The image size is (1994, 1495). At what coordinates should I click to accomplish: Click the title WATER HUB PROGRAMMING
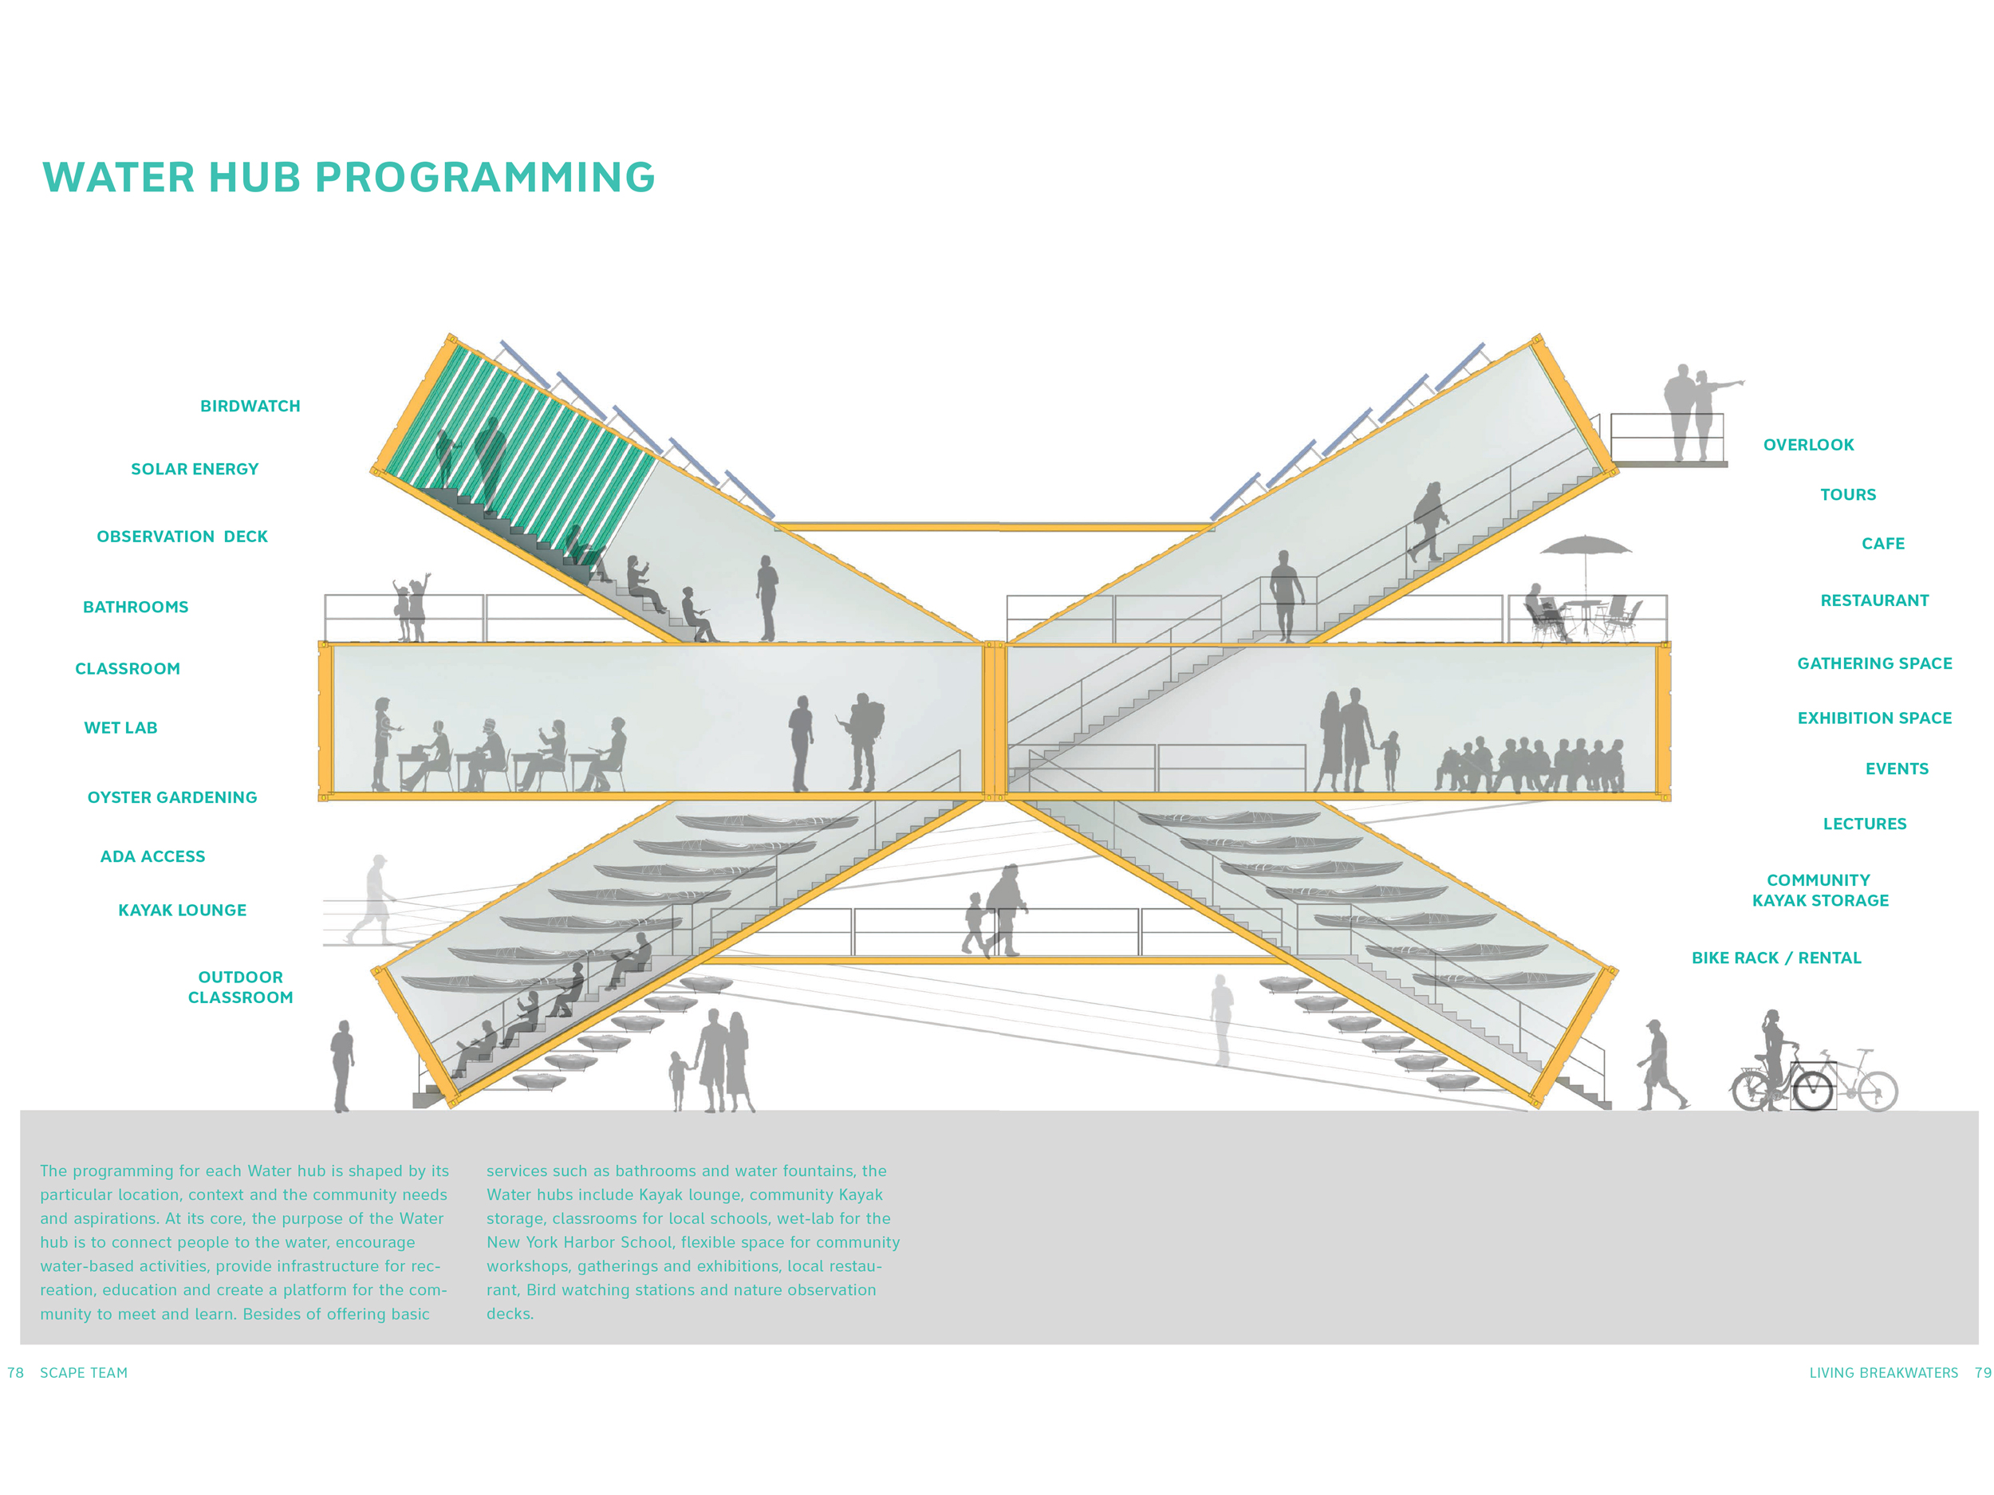click(348, 178)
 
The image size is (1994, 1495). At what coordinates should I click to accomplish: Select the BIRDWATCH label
click(250, 407)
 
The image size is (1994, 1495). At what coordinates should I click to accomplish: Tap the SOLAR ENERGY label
click(195, 470)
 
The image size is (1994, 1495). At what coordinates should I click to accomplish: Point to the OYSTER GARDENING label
click(172, 797)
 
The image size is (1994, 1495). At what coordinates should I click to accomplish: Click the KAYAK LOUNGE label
click(182, 911)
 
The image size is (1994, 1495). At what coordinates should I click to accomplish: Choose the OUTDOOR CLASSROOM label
click(240, 988)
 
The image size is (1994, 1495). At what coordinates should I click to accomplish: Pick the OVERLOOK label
click(1808, 445)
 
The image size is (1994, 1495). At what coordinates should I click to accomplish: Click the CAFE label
click(1883, 545)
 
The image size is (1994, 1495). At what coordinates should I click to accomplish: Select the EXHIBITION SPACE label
click(1874, 718)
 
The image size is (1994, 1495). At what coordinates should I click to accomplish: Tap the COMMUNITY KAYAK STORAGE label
click(1819, 891)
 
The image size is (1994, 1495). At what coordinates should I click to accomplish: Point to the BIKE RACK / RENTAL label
click(1775, 958)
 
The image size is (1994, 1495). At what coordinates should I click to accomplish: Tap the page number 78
click(15, 1372)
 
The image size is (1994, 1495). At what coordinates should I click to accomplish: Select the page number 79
click(1983, 1372)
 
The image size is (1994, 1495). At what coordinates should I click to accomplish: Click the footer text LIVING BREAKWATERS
click(1883, 1372)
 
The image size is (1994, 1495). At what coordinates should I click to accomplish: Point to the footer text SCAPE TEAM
click(84, 1372)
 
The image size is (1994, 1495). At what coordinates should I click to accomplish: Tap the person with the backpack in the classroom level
click(863, 742)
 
